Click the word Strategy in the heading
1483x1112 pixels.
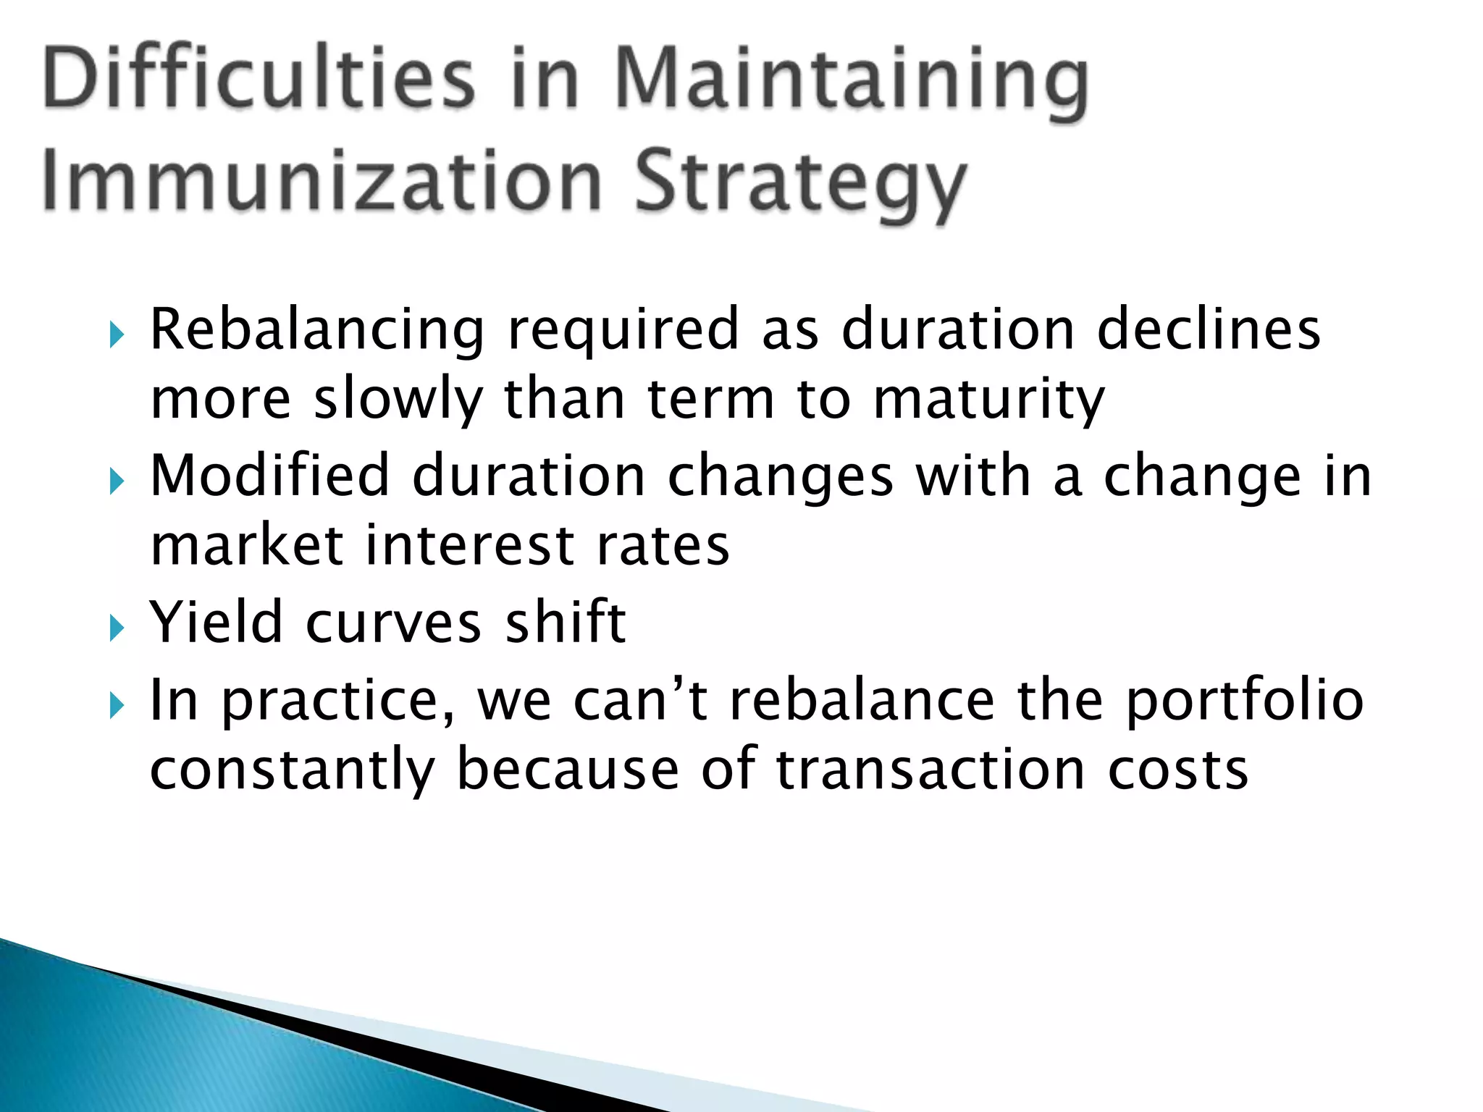(801, 185)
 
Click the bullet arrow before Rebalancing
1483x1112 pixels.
(117, 334)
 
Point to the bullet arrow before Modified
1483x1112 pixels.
(117, 481)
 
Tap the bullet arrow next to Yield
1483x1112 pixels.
(117, 627)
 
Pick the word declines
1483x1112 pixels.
(1209, 329)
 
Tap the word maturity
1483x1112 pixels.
(988, 401)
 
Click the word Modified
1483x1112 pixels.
(269, 476)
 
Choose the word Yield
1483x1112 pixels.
(216, 622)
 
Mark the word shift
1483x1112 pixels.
(565, 622)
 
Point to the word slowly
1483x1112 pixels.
(398, 401)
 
